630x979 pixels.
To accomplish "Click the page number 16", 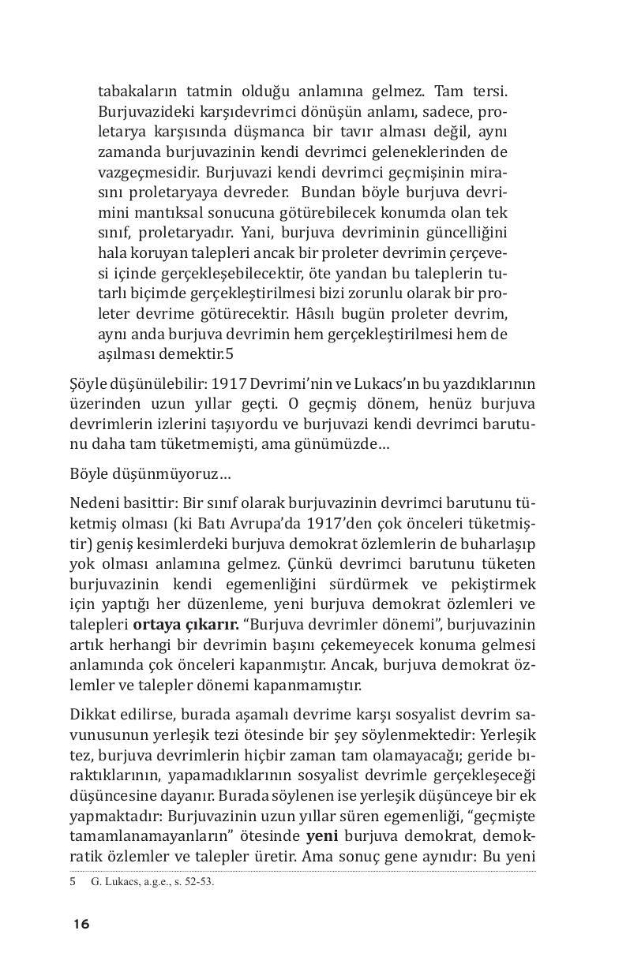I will pyautogui.click(x=81, y=924).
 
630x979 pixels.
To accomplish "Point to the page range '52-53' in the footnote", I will pyautogui.click(x=199, y=882).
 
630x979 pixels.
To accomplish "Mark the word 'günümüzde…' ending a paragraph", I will pyautogui.click(x=347, y=444).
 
